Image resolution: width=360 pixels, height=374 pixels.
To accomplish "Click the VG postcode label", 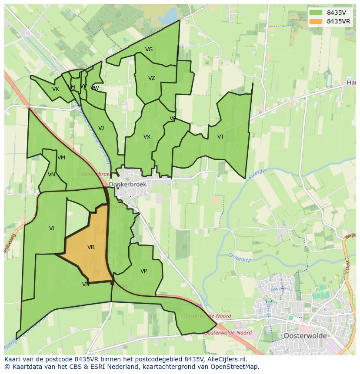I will coord(149,50).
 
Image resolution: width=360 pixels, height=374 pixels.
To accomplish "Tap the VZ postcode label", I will coord(151,78).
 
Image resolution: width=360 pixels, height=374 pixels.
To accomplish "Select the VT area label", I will coord(220,137).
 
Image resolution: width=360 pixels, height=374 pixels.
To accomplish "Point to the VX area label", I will coord(147,137).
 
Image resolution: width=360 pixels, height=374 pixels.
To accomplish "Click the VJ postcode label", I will coord(101,128).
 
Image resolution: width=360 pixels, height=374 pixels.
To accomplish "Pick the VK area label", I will coord(55,89).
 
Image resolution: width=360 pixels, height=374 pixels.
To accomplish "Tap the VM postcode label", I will coord(61,158).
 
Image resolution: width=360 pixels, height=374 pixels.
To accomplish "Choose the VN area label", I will coord(51,175).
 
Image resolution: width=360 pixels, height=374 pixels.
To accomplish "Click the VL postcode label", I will coord(52,228).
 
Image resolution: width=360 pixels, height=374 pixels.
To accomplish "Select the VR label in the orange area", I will coord(90,247).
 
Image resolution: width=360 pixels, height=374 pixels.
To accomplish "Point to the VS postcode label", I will coord(85,285).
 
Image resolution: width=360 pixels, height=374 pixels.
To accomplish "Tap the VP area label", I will coord(143,271).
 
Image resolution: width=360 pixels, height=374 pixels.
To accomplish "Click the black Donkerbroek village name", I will coord(127,185).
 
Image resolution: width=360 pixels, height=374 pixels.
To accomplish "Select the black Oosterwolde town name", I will coord(304,336).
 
